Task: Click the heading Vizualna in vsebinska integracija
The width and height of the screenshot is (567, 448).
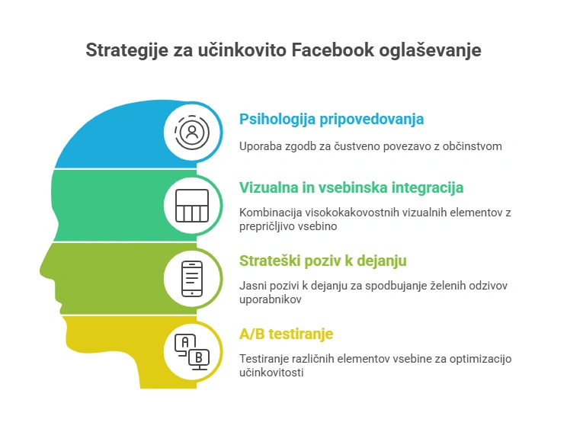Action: tap(351, 187)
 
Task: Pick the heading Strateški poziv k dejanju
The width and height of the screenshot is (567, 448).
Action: tap(323, 261)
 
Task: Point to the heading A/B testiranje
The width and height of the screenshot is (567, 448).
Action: tap(286, 334)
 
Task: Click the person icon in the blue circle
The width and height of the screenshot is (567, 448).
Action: tap(191, 132)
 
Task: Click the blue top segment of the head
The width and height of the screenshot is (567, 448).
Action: tap(114, 137)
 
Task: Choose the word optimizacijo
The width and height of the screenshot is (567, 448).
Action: tap(481, 358)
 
